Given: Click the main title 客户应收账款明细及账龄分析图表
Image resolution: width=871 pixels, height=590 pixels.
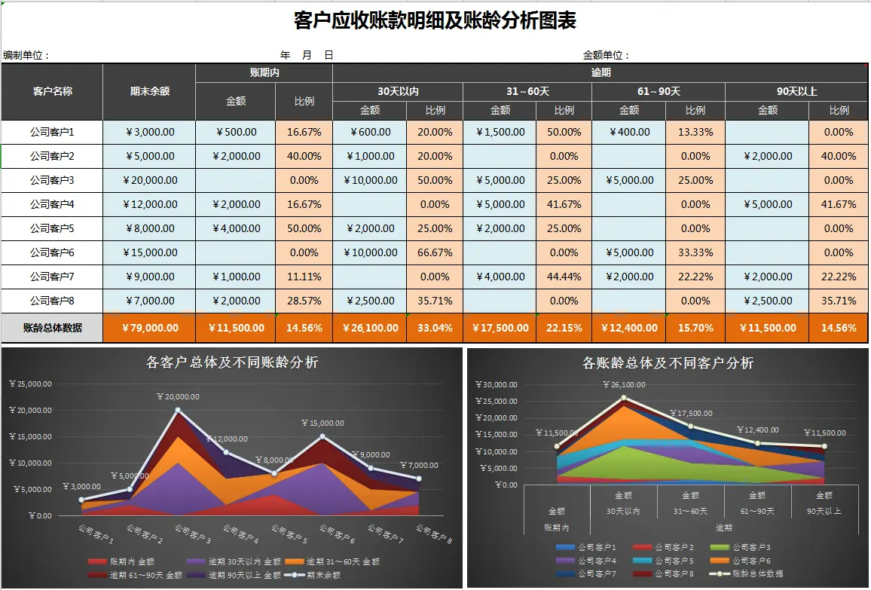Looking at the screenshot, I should coord(435,20).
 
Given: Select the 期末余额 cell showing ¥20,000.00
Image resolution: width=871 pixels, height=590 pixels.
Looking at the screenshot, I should coord(149,180).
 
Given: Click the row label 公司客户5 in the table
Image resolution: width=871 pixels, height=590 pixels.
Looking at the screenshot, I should coord(52,228).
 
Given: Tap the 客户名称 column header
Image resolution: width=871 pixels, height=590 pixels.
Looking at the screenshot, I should coord(52,91).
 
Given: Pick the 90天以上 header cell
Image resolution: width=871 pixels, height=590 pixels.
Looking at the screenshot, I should coord(796,91).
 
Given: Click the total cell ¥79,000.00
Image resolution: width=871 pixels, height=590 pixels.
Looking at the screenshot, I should coord(149,328).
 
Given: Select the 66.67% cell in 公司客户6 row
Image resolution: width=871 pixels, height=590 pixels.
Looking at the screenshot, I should coord(435,252).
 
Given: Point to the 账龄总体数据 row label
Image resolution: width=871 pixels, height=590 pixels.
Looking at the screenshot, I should coord(52,328).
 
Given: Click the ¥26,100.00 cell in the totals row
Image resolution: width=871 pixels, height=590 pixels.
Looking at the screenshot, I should coord(371,328).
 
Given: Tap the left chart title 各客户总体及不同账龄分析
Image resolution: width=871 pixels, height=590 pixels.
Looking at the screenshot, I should coord(232,362).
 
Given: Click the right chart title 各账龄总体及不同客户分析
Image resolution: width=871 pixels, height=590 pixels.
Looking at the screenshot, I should coord(668,363).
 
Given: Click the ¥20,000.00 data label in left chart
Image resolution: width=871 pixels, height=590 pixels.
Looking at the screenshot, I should coord(178,396).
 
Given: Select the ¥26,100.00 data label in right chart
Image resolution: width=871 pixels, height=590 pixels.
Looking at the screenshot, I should coord(622,385).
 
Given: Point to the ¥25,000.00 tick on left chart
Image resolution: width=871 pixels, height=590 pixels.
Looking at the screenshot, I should coord(30,384).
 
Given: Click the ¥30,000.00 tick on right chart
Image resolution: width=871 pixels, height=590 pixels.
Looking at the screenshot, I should coord(496,384).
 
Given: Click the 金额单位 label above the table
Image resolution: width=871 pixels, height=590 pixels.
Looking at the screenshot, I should coord(606,55).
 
